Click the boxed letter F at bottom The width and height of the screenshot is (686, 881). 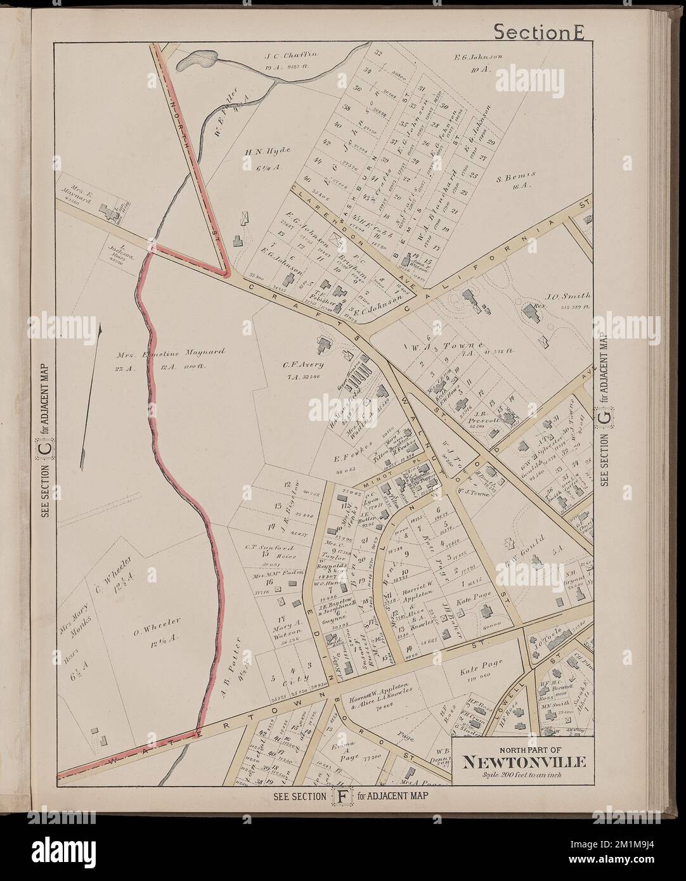point(337,796)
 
